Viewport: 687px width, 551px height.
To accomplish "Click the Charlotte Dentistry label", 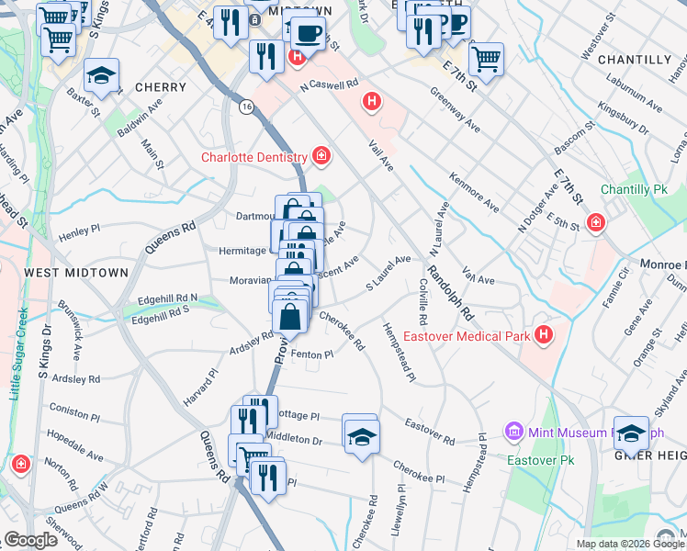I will click(x=253, y=157).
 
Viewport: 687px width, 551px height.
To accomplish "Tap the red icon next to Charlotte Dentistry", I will click(x=321, y=155).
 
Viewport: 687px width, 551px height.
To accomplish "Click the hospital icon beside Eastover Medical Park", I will click(x=545, y=335).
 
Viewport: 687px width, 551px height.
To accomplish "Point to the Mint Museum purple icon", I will click(x=513, y=432).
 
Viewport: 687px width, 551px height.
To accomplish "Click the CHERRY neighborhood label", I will click(x=160, y=87).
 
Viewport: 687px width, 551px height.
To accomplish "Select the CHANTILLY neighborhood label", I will click(x=634, y=60).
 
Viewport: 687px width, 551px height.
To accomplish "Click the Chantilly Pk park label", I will click(x=634, y=190).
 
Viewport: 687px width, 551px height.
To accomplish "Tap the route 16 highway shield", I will click(x=246, y=107).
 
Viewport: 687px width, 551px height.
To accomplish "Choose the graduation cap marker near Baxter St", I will click(x=102, y=74).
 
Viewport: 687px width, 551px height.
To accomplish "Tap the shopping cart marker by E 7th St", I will click(x=486, y=60).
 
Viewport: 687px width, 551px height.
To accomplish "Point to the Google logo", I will click(x=30, y=541).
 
